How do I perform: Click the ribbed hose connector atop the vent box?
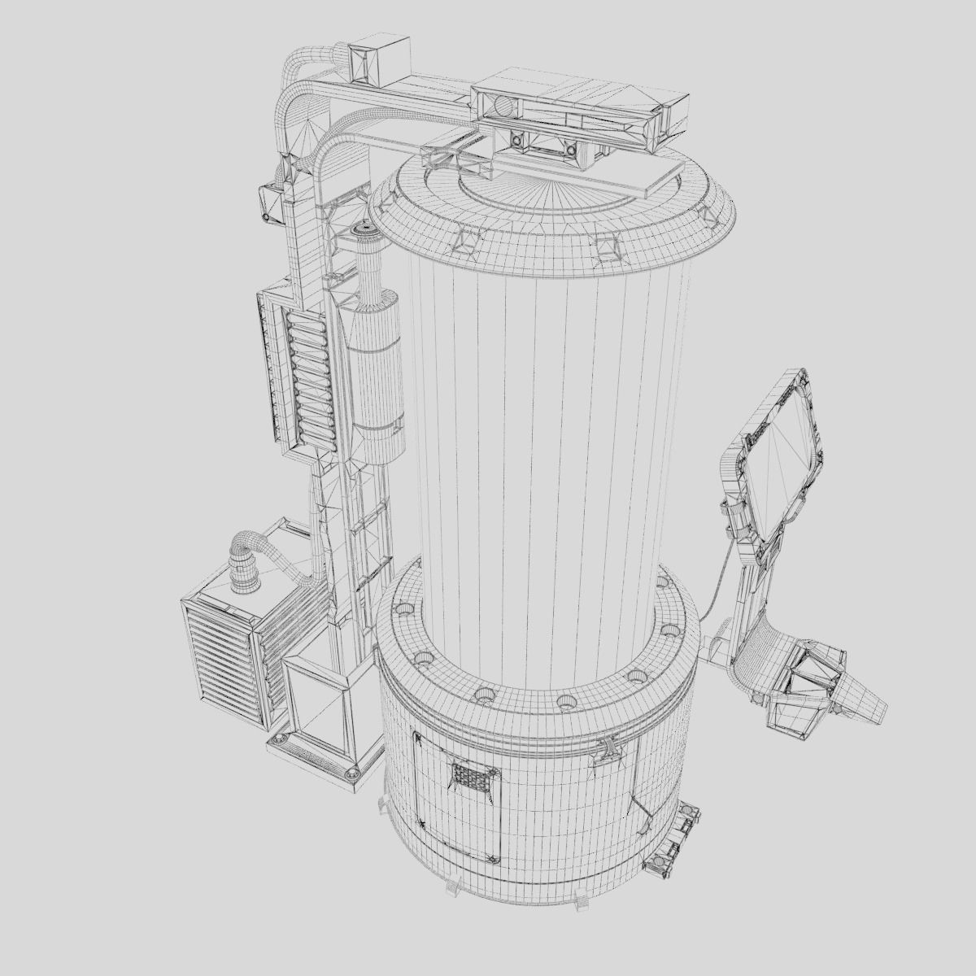243,562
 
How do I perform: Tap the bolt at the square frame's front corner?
352,772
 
